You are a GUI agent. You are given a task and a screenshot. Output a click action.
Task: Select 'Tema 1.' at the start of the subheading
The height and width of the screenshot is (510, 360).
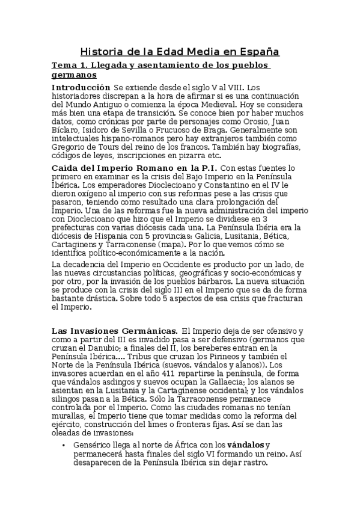[x=69, y=65]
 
